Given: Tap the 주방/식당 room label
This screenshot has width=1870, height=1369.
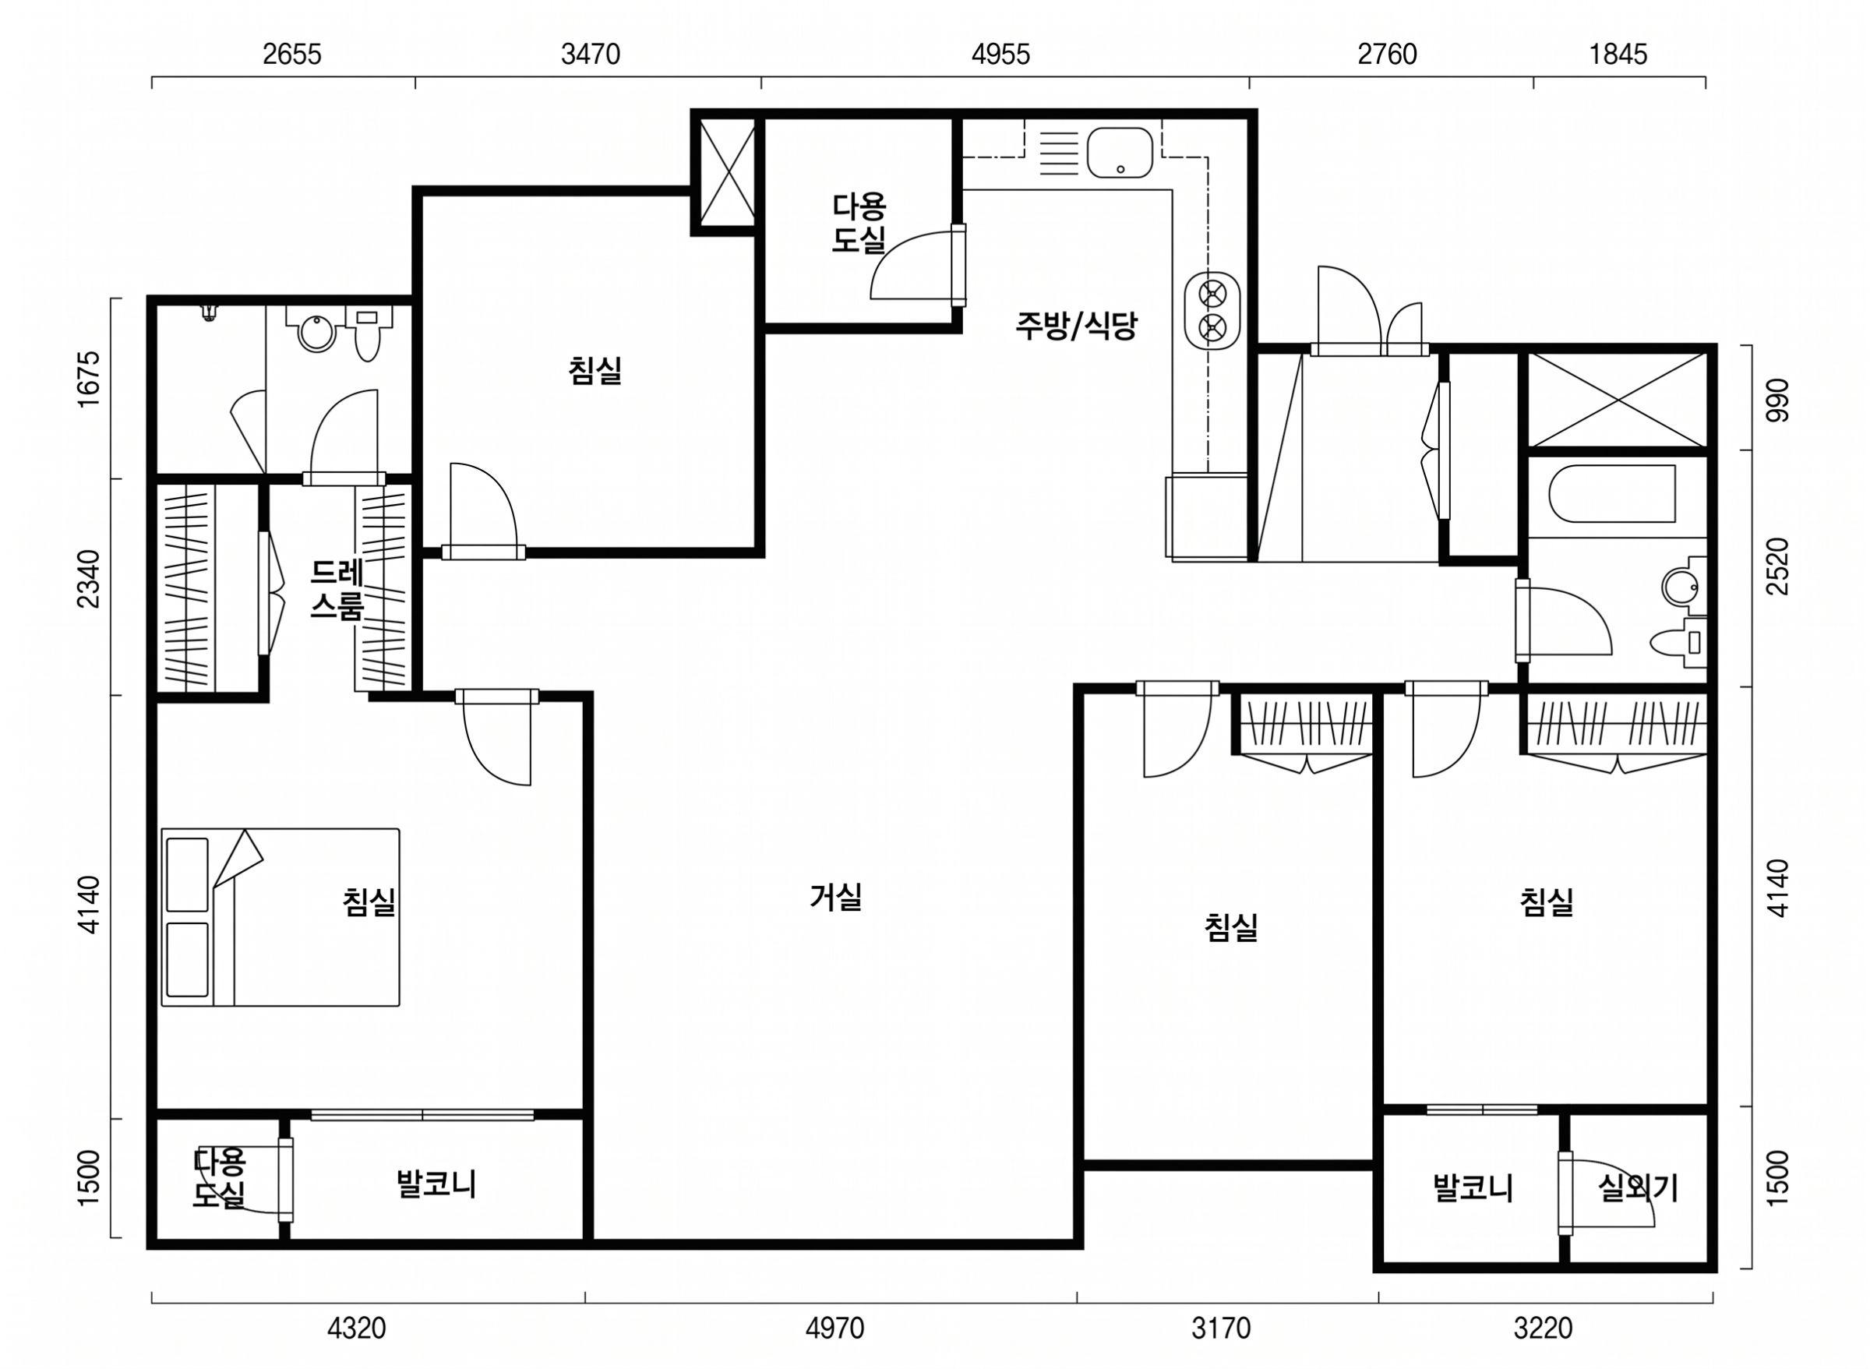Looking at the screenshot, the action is pos(1075,326).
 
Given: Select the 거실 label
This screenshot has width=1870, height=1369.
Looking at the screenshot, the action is pos(836,897).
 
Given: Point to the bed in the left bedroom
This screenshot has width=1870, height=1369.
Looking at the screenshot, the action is pos(280,917).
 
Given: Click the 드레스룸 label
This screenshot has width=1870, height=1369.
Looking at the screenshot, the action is pos(337,590).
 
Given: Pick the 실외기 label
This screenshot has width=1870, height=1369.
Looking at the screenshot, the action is pos(1638,1189).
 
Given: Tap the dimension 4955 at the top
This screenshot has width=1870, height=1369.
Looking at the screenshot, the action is pos(1001,55).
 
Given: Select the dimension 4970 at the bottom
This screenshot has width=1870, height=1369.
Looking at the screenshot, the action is pos(834,1328).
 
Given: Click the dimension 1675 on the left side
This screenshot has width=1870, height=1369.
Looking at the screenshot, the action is pos(89,379).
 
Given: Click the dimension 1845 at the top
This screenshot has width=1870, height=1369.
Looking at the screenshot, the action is pos(1618,55).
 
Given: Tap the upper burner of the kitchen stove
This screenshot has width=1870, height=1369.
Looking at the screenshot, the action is pos(1212,292).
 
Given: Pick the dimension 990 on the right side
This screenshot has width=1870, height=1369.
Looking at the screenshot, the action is pos(1778,400).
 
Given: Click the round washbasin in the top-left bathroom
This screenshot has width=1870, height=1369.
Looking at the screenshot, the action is pos(316,333).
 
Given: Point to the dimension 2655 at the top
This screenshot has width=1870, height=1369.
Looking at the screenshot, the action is pos(292,55).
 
